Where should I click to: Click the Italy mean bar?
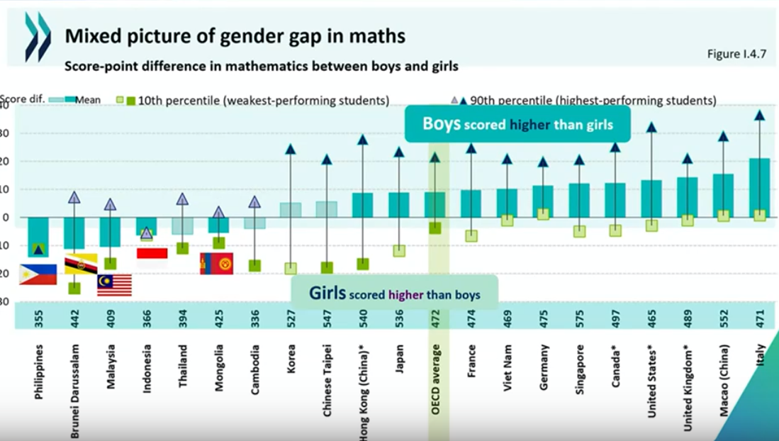coord(759,188)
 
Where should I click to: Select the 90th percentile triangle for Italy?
coord(759,115)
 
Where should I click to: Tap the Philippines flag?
coord(38,274)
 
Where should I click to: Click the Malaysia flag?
coord(114,285)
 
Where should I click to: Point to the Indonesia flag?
coord(152,253)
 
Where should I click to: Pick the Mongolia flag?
coord(217,264)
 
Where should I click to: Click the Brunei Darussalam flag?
coord(80,264)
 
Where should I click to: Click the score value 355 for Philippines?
coord(38,316)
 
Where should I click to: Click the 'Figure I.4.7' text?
coord(736,54)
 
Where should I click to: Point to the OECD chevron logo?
coord(38,37)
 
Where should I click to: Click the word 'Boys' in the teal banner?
coord(442,124)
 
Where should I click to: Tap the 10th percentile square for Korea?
coord(291,268)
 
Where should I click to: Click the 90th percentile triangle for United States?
coord(651,128)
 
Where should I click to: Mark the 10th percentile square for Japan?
coord(399,250)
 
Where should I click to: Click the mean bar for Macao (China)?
coord(723,195)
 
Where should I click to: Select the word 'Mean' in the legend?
coord(89,100)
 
